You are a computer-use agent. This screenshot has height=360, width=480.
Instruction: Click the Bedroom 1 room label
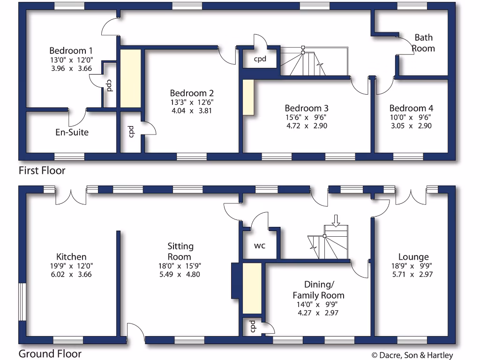pos(71,51)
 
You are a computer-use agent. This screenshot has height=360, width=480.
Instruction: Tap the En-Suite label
pos(72,132)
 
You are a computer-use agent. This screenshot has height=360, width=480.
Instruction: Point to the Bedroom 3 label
pos(307,108)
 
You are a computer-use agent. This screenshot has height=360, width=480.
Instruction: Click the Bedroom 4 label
pos(408,108)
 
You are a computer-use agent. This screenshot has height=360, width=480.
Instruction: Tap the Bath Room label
pos(423,43)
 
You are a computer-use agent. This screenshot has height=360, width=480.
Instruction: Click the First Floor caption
pos(42,170)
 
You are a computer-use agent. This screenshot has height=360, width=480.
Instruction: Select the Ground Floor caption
pos(50,354)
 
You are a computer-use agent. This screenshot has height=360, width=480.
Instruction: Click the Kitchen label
pos(71,257)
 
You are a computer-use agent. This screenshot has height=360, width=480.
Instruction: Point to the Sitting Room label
pos(180,251)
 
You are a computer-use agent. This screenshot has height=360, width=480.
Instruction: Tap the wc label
pos(260,246)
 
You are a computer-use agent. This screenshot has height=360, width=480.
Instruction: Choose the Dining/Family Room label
pos(318,290)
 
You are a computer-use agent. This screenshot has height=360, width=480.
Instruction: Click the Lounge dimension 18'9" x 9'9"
pos(413,266)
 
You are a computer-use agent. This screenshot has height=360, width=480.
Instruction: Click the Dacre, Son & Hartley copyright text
pos(412,355)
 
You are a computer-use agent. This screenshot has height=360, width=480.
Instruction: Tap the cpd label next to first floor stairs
pos(260,60)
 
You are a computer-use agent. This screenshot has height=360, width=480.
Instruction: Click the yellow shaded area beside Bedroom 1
pos(131,78)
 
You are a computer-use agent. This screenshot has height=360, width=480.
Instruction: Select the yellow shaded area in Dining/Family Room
pos(252,288)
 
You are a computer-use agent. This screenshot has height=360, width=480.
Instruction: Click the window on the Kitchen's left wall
pos(22,301)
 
